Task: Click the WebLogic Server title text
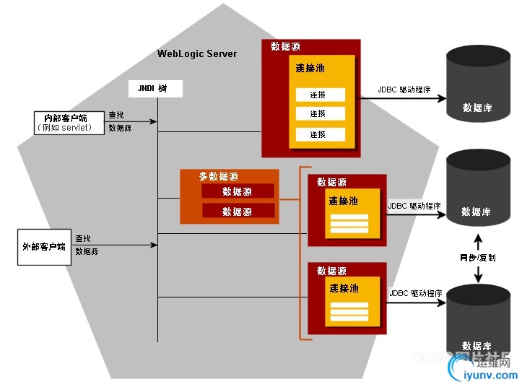(x=196, y=54)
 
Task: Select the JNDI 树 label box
(x=156, y=88)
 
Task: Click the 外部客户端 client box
(x=44, y=246)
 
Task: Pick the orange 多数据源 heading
(x=219, y=176)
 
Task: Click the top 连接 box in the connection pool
(x=318, y=95)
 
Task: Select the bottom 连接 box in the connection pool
(x=318, y=134)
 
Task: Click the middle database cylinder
(x=477, y=195)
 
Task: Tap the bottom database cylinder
(x=477, y=325)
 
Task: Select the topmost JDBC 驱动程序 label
(x=404, y=90)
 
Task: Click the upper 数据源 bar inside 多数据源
(x=237, y=191)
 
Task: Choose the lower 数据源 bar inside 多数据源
(x=237, y=211)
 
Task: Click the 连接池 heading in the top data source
(x=310, y=68)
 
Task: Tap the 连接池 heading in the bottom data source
(x=344, y=288)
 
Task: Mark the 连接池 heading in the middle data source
(x=344, y=201)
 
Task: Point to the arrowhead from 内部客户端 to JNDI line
(x=154, y=121)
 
